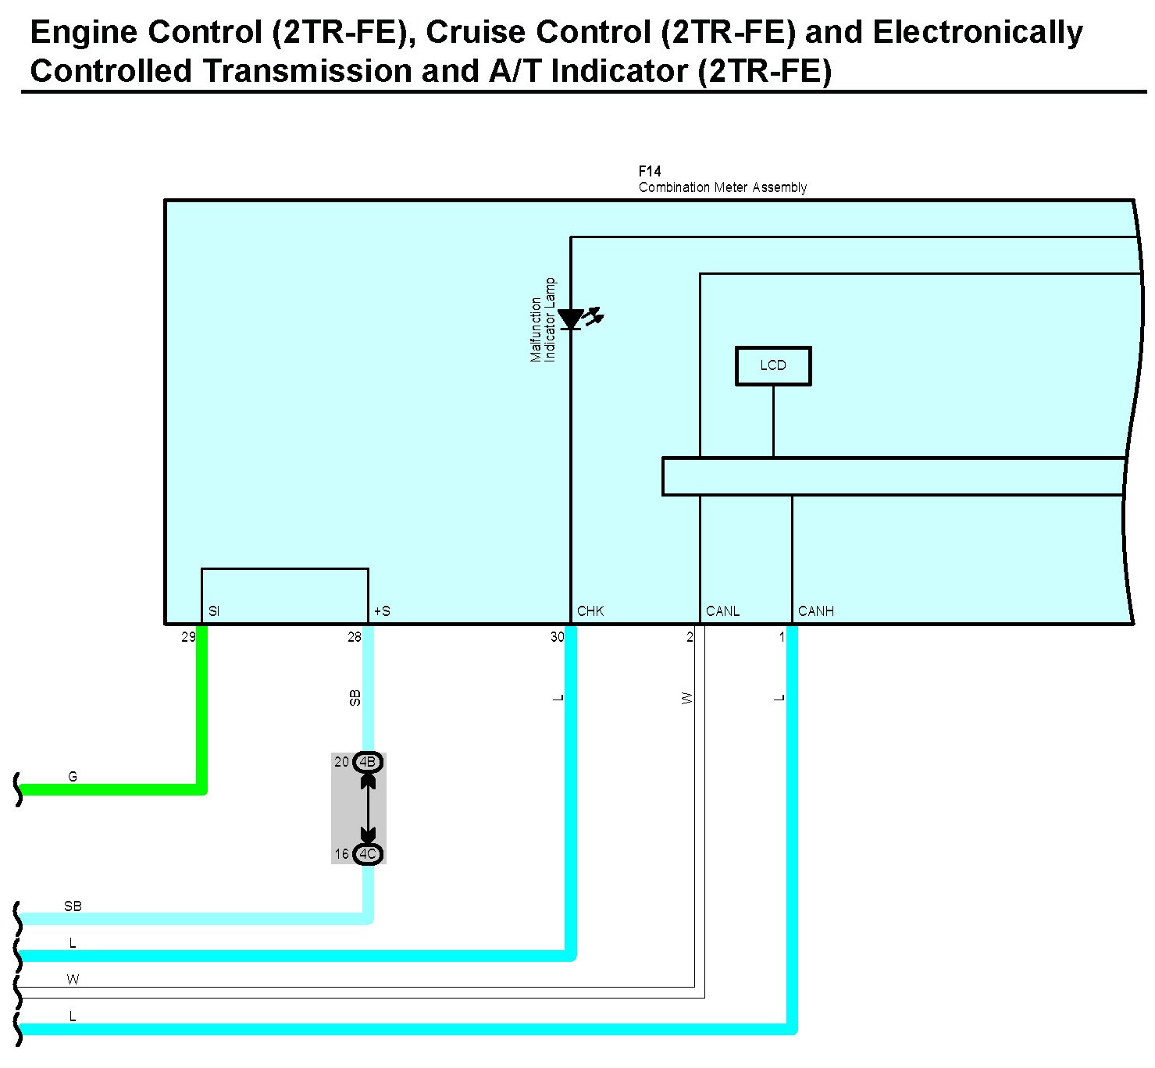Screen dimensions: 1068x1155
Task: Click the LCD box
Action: [x=773, y=365]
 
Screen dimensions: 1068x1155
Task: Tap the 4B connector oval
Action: [x=368, y=762]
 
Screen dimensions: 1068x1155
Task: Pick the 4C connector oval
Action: [x=368, y=854]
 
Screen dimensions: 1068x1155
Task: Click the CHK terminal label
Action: [x=590, y=611]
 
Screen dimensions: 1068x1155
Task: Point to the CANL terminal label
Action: [x=722, y=611]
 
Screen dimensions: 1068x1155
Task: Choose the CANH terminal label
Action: [x=816, y=611]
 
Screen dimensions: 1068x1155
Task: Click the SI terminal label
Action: [x=214, y=611]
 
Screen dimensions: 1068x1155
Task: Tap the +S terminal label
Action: [x=382, y=611]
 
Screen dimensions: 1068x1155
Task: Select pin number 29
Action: [x=188, y=637]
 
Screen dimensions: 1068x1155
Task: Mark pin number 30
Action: [x=557, y=637]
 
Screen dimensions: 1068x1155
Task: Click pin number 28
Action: [x=355, y=637]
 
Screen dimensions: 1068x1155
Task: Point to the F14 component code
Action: [x=650, y=171]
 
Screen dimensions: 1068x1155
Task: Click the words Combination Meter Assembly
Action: [x=722, y=187]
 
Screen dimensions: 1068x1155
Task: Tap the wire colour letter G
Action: [x=73, y=777]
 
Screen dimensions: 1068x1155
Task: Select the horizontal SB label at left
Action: [x=73, y=906]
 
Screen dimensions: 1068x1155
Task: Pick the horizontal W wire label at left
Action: [x=73, y=980]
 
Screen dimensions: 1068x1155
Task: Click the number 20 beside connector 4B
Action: [x=341, y=762]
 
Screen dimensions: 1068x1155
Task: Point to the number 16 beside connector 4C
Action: [x=341, y=854]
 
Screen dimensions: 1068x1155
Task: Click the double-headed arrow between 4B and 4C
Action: [x=368, y=808]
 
